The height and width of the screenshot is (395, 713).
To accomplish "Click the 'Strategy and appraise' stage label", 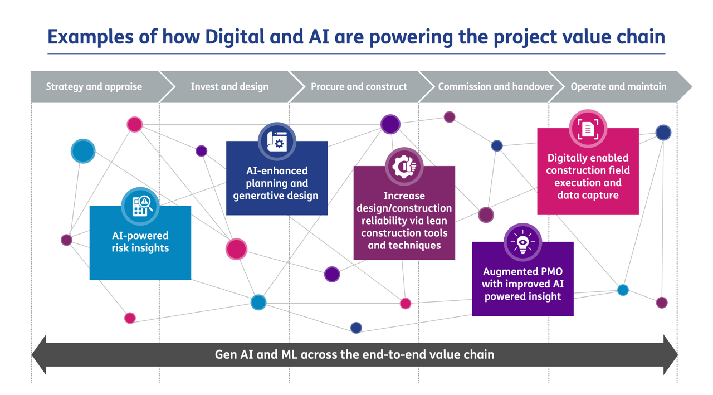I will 94,87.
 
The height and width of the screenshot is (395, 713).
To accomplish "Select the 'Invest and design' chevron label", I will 229,87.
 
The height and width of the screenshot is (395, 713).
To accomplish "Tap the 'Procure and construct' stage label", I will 359,87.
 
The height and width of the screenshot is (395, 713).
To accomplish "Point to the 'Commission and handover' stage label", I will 495,87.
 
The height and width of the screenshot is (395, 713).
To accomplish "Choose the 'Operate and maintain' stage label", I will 618,87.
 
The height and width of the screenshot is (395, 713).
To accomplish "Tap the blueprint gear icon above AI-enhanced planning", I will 277,142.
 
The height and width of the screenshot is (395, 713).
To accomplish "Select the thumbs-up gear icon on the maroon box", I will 404,167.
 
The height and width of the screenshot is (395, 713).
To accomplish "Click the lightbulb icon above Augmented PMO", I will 522,242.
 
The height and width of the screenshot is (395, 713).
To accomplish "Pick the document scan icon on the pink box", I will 588,129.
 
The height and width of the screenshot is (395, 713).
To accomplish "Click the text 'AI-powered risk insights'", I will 140,242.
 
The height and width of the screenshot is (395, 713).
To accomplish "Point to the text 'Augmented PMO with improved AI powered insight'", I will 522,284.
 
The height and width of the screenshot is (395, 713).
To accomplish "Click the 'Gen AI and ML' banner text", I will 354,354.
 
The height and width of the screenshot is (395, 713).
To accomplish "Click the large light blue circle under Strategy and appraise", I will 83,151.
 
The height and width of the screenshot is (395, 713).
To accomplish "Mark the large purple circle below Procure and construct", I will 390,124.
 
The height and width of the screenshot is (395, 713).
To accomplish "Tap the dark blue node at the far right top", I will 663,133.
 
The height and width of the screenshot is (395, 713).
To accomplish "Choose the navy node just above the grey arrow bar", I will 356,328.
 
